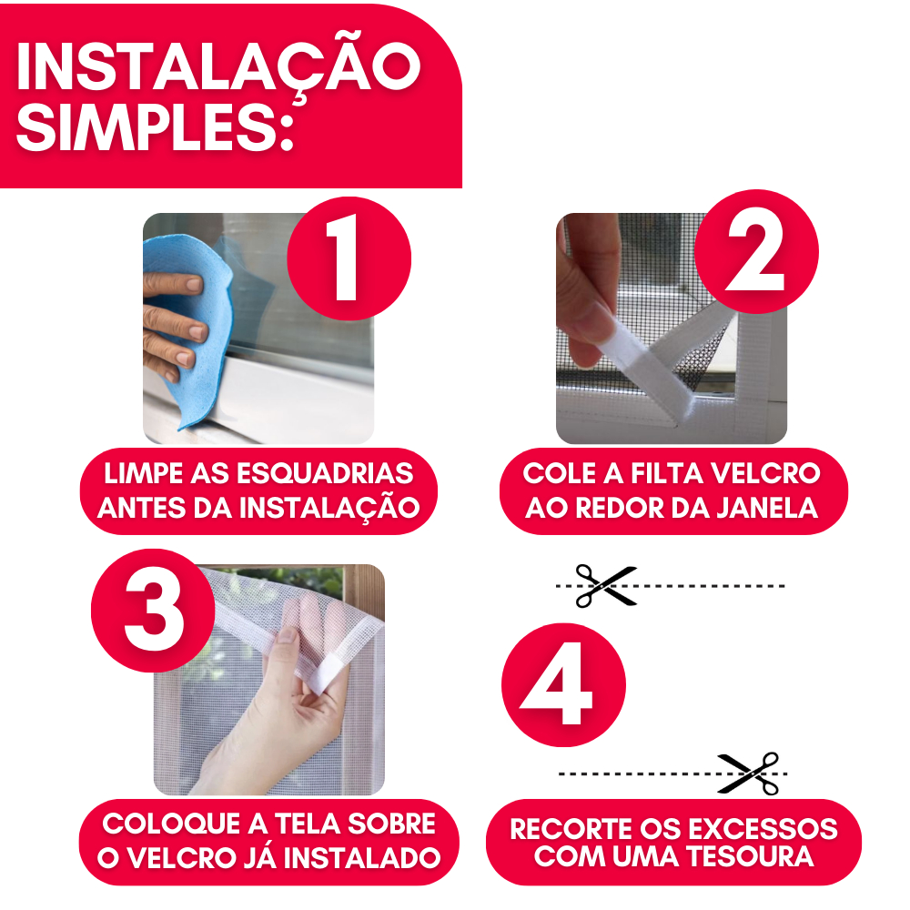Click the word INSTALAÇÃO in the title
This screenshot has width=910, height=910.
(218, 66)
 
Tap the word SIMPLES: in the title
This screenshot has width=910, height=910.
(155, 126)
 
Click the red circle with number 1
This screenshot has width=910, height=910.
(349, 258)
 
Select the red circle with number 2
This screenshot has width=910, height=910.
(756, 252)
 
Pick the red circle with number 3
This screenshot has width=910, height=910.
(153, 611)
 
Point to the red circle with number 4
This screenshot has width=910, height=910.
(563, 685)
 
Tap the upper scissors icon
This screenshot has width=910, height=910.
(606, 586)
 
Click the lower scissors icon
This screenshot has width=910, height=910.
(749, 773)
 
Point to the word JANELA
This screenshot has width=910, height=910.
(766, 508)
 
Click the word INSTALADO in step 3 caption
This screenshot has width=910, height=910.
(361, 858)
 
